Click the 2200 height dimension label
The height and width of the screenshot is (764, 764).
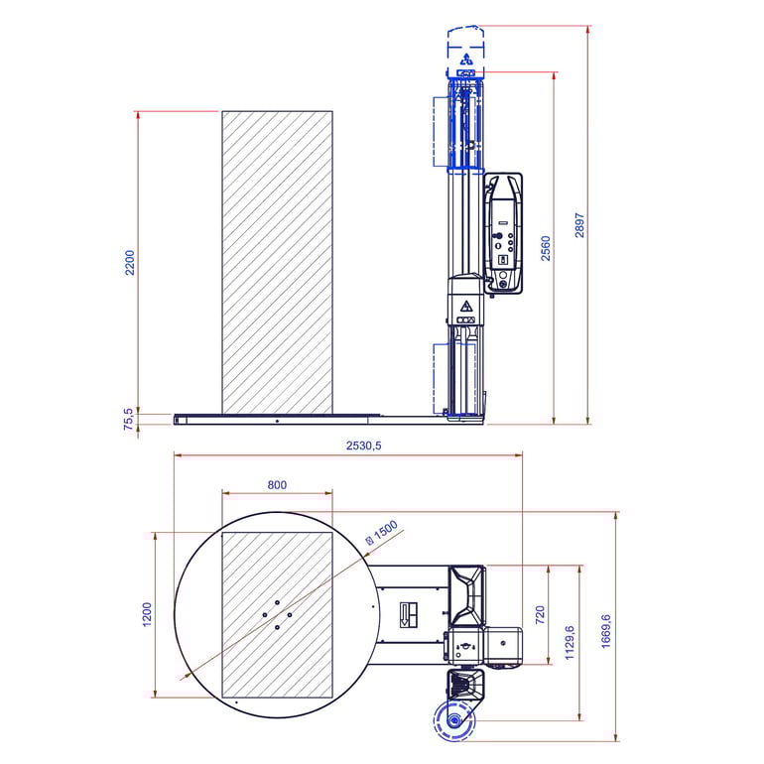tap(130, 263)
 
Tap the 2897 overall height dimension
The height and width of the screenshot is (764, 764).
tap(579, 225)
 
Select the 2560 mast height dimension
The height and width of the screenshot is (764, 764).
tap(546, 248)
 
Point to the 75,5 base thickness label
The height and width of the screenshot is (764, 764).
tap(128, 419)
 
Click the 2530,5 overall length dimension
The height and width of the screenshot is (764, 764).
tap(363, 446)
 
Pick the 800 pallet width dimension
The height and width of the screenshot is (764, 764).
tap(277, 485)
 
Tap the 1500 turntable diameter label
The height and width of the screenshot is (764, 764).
tap(382, 532)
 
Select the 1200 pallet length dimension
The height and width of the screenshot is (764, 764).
tap(147, 614)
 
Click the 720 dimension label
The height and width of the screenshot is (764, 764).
tap(540, 615)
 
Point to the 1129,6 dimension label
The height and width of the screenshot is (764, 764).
tap(570, 643)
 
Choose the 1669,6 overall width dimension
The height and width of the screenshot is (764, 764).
tap(605, 631)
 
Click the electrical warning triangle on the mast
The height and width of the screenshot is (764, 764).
tap(466, 307)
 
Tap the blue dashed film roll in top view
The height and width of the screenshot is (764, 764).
tap(454, 720)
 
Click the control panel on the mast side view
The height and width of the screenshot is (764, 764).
tap(504, 232)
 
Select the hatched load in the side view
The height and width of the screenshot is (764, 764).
tap(277, 263)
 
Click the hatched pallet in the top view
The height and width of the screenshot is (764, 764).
tap(277, 615)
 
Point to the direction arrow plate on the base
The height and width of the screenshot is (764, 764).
tap(409, 615)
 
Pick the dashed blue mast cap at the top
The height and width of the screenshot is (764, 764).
tap(465, 51)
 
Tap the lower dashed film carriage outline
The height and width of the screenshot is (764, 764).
tap(454, 379)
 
